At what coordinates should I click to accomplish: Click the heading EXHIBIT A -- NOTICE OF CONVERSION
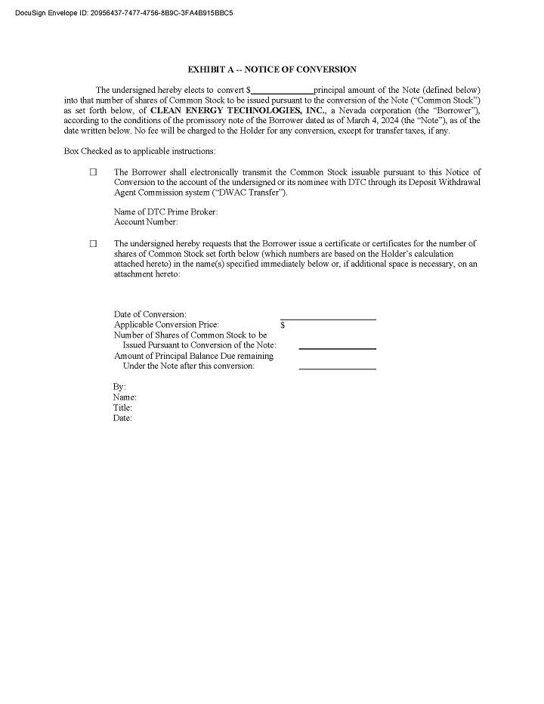(272, 69)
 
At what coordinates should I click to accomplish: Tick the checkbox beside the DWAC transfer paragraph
(94, 172)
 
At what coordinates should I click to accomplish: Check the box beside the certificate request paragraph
(94, 244)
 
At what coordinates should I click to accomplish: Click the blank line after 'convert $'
(282, 90)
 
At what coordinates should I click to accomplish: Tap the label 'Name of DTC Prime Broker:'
(165, 212)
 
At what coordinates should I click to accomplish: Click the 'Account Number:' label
(146, 222)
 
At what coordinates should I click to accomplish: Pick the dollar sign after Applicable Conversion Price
(283, 325)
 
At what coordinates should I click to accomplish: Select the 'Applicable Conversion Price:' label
(166, 325)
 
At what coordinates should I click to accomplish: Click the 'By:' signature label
(120, 387)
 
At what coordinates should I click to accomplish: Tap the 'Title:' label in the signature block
(122, 408)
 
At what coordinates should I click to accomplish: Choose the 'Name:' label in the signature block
(125, 397)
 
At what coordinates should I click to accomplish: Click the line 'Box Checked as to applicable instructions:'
(140, 151)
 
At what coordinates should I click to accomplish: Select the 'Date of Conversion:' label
(150, 314)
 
